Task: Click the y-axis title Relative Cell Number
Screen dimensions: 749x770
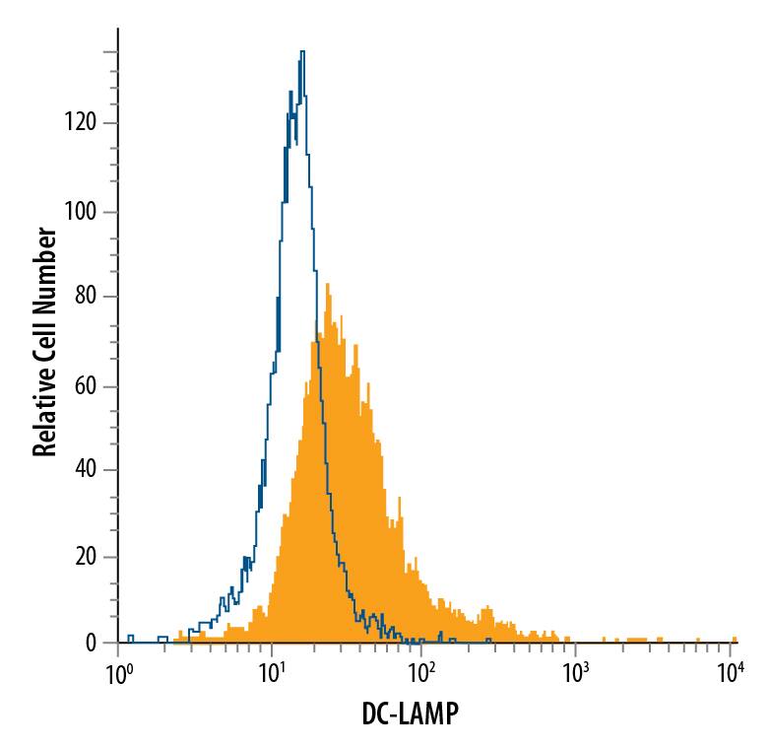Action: coord(43,342)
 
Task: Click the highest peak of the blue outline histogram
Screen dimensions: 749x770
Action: coord(302,52)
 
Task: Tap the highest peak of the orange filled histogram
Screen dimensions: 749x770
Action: coord(326,286)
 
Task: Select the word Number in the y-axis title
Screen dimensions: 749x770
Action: coord(43,260)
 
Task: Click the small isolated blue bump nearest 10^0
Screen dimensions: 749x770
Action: coord(130,639)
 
